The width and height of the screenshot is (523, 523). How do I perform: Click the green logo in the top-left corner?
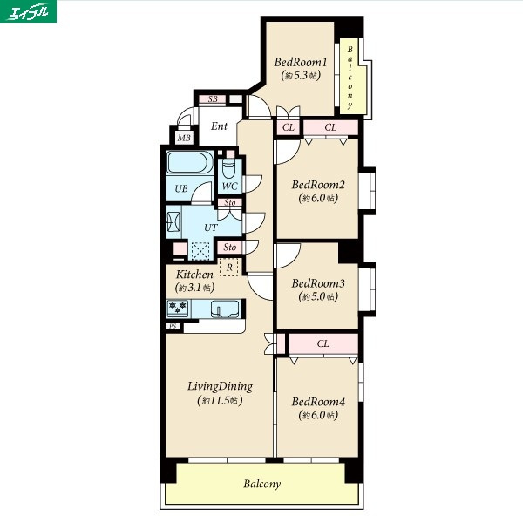(x=28, y=11)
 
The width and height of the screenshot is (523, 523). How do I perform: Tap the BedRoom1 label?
(x=301, y=63)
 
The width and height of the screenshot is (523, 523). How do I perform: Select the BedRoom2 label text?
(x=318, y=185)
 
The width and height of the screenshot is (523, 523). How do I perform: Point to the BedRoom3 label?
(x=318, y=283)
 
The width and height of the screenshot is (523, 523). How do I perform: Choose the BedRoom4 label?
(x=318, y=402)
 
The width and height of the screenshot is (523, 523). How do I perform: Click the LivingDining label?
(x=220, y=386)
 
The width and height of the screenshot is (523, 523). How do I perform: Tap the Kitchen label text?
(x=194, y=275)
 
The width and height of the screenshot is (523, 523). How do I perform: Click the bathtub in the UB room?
(x=189, y=162)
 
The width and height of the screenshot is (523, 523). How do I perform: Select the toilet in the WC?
(x=228, y=169)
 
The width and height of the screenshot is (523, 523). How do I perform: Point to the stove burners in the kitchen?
(x=178, y=308)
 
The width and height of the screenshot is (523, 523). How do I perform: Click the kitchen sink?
(x=225, y=309)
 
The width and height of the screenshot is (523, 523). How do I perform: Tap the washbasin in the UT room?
(x=173, y=221)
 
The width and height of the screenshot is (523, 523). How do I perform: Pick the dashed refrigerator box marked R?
(x=229, y=268)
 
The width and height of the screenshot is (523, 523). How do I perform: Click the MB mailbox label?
(x=184, y=138)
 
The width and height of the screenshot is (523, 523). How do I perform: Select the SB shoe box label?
(x=213, y=99)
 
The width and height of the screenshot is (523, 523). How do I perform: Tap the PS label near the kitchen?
(x=173, y=326)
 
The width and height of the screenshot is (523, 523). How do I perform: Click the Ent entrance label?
(x=219, y=126)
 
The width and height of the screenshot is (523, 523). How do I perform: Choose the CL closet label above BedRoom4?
(x=323, y=343)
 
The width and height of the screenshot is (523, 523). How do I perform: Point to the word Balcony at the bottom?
(x=261, y=484)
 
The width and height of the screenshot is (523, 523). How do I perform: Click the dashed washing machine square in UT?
(x=200, y=251)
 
